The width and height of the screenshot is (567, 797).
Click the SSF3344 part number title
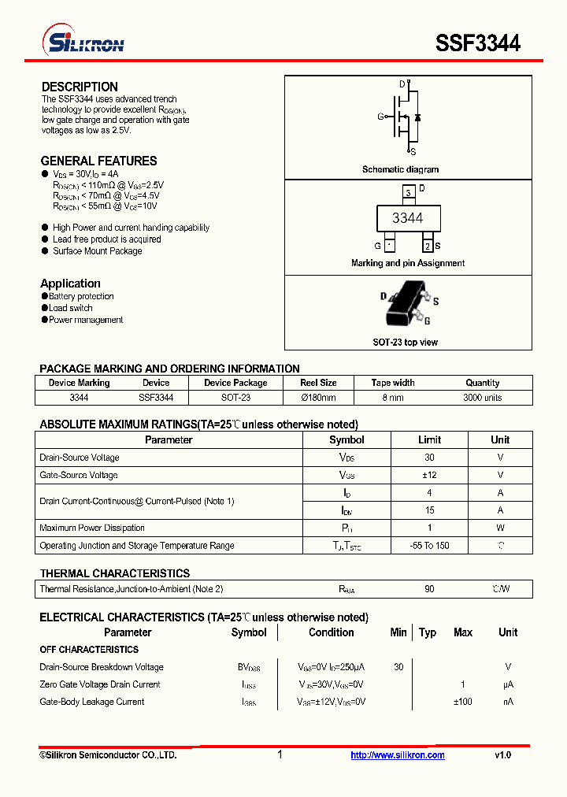click(478, 43)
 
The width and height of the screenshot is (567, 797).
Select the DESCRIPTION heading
click(80, 87)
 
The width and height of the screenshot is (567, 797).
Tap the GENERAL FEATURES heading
click(98, 161)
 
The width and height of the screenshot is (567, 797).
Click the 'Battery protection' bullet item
click(81, 296)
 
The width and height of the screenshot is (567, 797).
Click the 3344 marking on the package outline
click(407, 218)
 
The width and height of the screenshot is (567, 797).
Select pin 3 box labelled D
click(407, 192)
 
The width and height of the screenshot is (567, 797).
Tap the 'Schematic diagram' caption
click(400, 169)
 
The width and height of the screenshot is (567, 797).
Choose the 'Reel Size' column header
click(318, 383)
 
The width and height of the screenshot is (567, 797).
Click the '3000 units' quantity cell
click(482, 398)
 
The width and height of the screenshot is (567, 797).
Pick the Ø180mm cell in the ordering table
click(318, 398)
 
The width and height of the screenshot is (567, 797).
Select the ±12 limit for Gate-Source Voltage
click(429, 475)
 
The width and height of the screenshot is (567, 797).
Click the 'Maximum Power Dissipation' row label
click(92, 528)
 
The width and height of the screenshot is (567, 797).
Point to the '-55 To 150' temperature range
click(429, 545)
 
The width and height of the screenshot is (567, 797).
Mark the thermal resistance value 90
click(429, 589)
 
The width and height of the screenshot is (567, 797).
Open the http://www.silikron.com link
click(398, 755)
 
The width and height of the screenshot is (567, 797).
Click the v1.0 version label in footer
click(502, 755)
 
